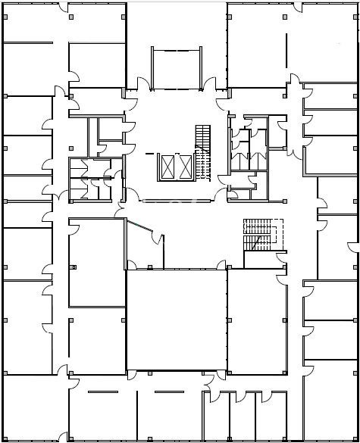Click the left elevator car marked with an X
(167, 167)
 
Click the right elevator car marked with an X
(184, 167)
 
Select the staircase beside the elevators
(202, 151)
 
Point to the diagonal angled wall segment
(139, 225)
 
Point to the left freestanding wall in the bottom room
(102, 392)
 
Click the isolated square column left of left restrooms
(74, 267)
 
